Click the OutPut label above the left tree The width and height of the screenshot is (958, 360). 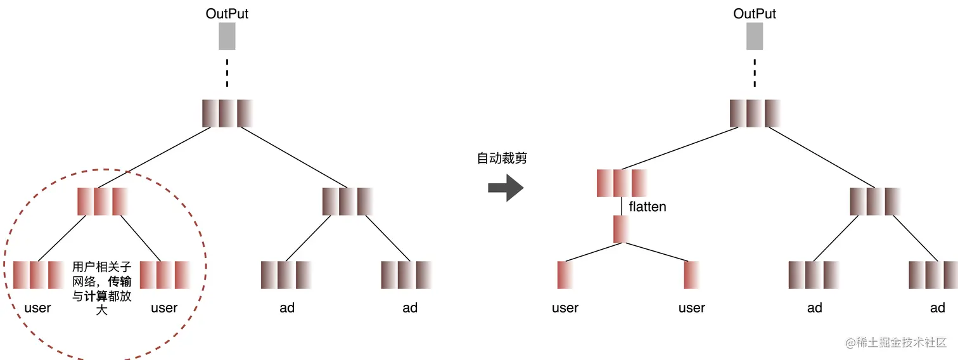tap(227, 13)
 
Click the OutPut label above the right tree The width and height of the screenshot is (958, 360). tap(755, 13)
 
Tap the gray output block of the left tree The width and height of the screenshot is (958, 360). tap(227, 36)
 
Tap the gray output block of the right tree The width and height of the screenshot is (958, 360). tap(755, 36)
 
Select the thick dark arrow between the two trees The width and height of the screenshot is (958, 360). tap(506, 188)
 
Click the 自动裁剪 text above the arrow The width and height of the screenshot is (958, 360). tap(502, 158)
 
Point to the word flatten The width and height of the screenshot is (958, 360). tap(648, 207)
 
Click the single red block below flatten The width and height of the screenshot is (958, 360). tap(621, 229)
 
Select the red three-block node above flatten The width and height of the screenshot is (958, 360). tap(621, 183)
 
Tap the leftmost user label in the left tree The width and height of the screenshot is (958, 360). tap(37, 308)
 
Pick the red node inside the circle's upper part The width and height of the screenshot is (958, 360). tap(102, 201)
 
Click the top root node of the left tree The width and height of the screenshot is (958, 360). tap(227, 113)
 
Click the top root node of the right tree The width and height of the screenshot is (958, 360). tap(755, 113)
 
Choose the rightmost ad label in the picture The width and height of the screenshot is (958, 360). tap(937, 308)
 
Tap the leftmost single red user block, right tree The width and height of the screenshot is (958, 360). tap(565, 275)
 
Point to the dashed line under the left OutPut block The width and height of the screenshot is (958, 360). tap(227, 73)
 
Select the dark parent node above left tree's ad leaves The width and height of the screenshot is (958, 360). tap(347, 201)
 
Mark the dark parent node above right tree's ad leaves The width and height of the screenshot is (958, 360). tap(874, 201)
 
